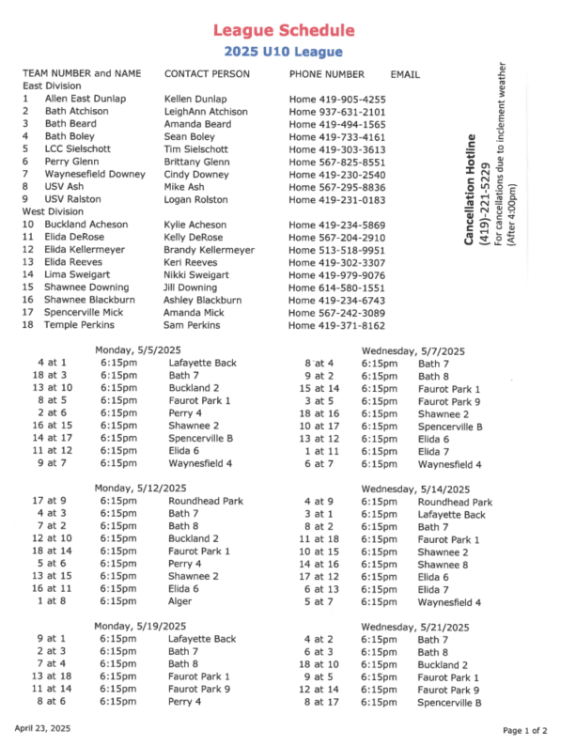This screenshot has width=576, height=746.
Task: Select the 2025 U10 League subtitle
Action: [x=283, y=53]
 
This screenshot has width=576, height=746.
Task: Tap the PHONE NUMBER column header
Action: [x=326, y=74]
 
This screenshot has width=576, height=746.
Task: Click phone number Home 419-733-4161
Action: [x=337, y=137]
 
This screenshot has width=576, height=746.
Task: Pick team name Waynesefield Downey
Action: [x=86, y=175]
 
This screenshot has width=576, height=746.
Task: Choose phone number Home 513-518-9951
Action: [x=337, y=251]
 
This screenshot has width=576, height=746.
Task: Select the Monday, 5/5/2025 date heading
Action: [x=133, y=350]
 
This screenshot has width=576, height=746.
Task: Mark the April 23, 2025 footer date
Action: [x=43, y=728]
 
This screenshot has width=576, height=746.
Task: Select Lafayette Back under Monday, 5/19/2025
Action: [x=202, y=639]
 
